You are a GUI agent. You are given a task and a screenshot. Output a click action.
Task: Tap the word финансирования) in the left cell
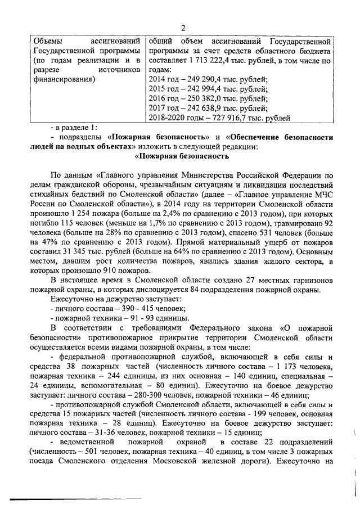64,79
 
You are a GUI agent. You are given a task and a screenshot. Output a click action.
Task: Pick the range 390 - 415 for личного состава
134,309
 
